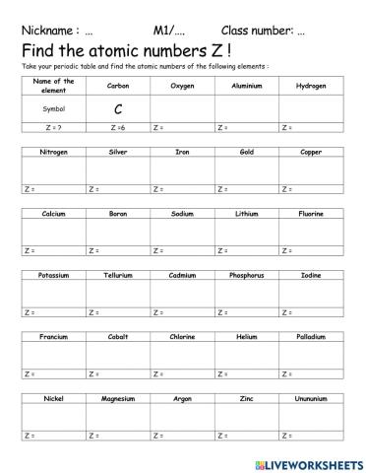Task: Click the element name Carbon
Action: pyautogui.click(x=118, y=86)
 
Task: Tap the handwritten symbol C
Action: pyautogui.click(x=118, y=108)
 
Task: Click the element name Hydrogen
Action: pyautogui.click(x=311, y=86)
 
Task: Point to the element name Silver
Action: pyautogui.click(x=118, y=153)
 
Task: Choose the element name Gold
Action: pyautogui.click(x=247, y=153)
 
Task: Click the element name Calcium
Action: pyautogui.click(x=53, y=213)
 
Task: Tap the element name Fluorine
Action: pyautogui.click(x=311, y=213)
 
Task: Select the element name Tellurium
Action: pyautogui.click(x=118, y=275)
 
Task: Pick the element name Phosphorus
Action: pyautogui.click(x=247, y=275)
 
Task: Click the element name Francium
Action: pyautogui.click(x=53, y=337)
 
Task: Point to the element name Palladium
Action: pyautogui.click(x=311, y=337)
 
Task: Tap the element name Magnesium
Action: pyautogui.click(x=118, y=399)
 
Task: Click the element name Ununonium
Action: pyautogui.click(x=311, y=399)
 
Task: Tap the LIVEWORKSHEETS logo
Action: pyautogui.click(x=308, y=462)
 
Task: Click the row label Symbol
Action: pyautogui.click(x=53, y=108)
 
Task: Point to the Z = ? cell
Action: pyautogui.click(x=53, y=128)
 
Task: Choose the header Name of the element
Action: pyautogui.click(x=53, y=86)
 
